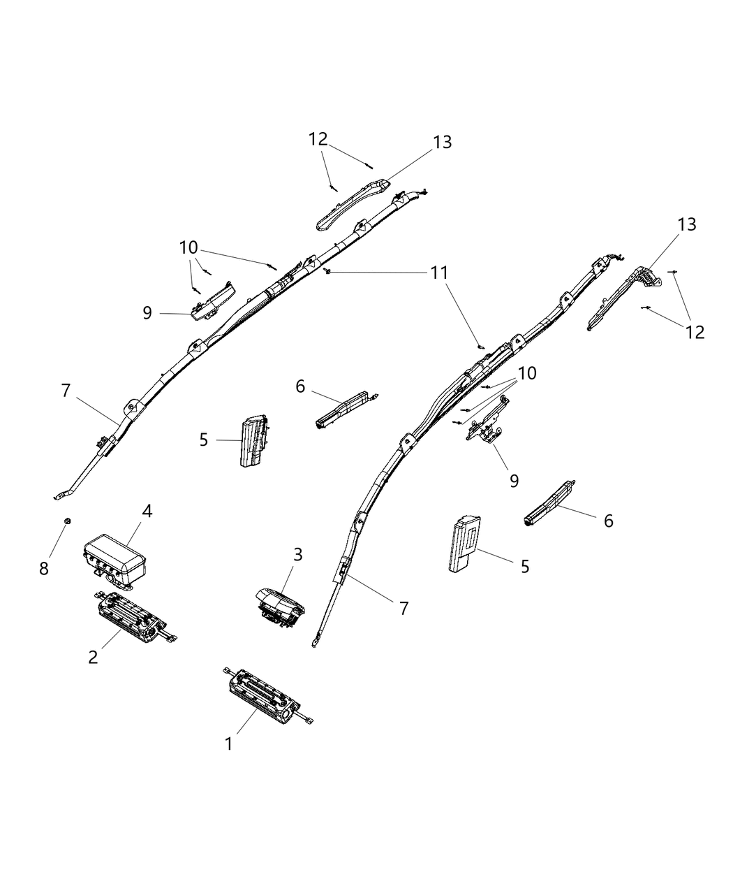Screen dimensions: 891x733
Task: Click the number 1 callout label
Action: pos(228,744)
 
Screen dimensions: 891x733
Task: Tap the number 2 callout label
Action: pos(93,657)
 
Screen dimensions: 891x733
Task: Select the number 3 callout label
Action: pos(297,555)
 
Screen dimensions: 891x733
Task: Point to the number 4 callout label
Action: pos(147,511)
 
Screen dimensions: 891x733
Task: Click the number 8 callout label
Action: pos(44,568)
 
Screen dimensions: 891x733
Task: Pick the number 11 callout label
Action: pos(440,272)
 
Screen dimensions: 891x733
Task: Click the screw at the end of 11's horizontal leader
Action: pos(327,271)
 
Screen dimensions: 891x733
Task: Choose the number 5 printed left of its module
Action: pos(203,440)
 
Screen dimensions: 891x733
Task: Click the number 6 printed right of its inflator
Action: pos(608,521)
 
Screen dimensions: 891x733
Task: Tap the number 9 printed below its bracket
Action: pos(514,481)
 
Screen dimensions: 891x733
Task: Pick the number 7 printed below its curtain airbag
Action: pos(403,607)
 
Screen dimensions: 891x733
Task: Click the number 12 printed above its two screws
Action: pos(318,139)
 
